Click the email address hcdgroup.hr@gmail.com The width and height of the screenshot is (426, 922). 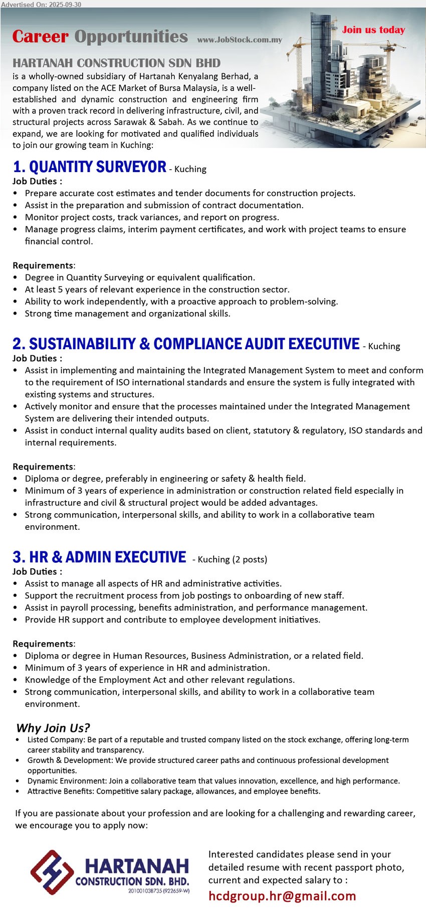pos(282,896)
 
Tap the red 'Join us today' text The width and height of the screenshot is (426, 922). pos(373,30)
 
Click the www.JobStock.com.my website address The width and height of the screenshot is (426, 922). pos(240,40)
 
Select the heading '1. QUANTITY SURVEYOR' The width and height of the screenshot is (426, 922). pos(90,167)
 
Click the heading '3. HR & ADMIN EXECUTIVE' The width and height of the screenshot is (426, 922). pos(99,557)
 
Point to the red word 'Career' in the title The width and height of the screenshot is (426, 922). pos(40,37)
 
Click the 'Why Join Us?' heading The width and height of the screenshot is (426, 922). pos(53,728)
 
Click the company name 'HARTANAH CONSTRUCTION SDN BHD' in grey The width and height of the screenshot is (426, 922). pos(116,63)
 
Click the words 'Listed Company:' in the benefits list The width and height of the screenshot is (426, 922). pos(56,739)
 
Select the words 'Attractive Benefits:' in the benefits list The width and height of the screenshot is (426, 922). pos(61,791)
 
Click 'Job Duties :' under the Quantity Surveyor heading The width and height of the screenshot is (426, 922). pos(37,181)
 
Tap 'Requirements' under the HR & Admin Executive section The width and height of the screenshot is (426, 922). pos(43,644)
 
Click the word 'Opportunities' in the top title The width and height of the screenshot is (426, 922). pos(131,37)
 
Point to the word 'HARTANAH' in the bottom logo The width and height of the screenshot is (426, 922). pos(136,866)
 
